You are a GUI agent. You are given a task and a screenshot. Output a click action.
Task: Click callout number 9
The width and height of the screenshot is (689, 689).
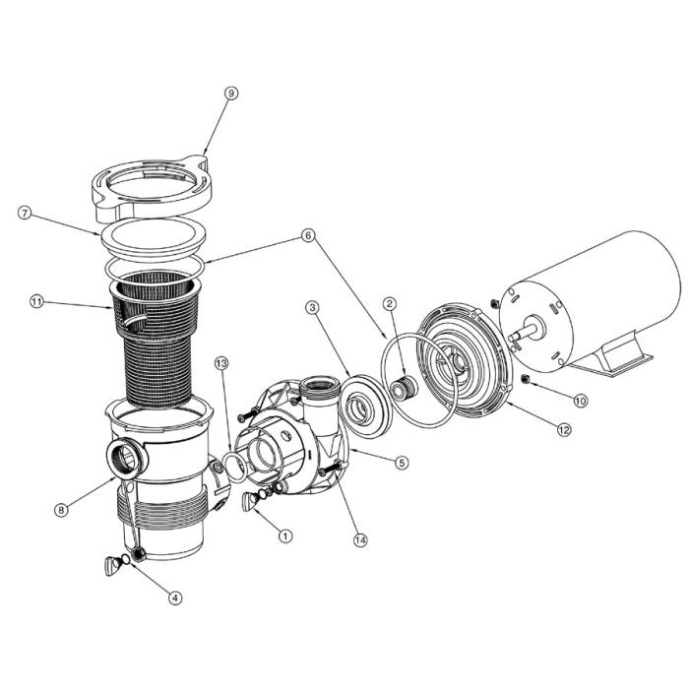coord(230,94)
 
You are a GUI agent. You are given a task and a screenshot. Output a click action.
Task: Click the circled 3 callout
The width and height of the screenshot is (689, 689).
coord(312,308)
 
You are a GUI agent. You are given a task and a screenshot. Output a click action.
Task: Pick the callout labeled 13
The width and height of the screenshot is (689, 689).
coord(222,364)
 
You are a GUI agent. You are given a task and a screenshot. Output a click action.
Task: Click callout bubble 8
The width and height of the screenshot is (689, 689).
coord(62,509)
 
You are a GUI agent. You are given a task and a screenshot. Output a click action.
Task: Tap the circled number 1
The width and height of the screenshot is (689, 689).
coord(285,535)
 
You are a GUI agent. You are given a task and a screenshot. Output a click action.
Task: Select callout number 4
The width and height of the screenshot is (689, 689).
coord(175,595)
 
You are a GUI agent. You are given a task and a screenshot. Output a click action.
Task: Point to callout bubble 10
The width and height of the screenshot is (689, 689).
coord(580,401)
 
